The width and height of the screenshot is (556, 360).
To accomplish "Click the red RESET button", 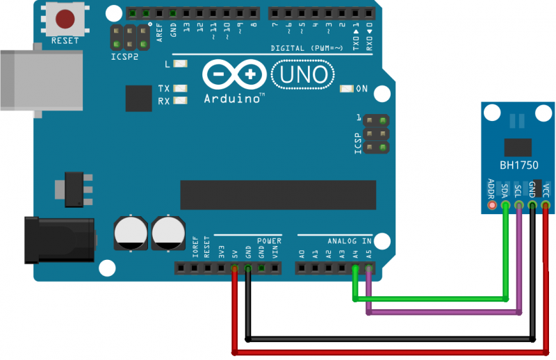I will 66,18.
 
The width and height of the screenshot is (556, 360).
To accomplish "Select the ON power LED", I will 347,89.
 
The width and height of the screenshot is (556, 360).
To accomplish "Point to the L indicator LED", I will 181,64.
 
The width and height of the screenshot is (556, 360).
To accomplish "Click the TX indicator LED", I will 181,89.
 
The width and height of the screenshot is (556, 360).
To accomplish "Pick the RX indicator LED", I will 181,101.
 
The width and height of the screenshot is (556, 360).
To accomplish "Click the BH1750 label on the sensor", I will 519,166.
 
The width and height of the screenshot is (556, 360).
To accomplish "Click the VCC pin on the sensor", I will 546,206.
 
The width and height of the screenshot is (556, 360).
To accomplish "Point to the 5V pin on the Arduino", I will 234,268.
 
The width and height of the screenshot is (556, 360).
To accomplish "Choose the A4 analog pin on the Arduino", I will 356,268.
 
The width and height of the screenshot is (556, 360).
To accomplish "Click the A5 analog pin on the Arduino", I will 369,268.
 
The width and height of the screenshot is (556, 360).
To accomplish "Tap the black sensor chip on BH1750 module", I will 519,145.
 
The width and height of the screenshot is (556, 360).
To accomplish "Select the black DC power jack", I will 59,239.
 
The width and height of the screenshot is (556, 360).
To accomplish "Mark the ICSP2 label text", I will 124,57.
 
